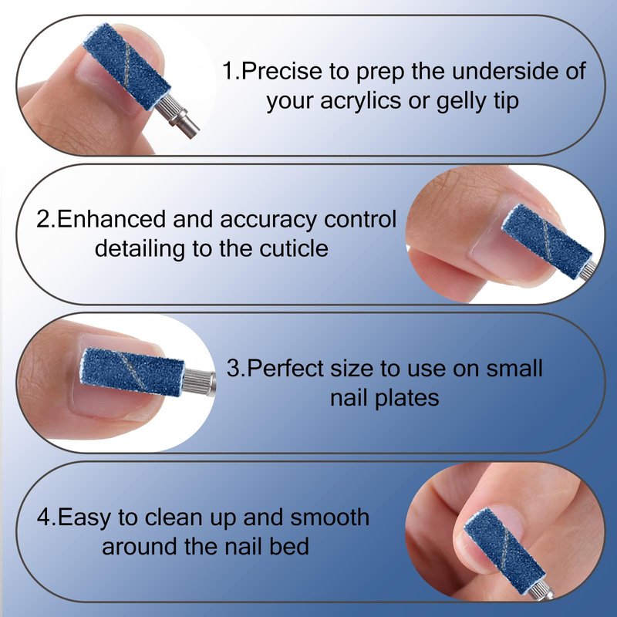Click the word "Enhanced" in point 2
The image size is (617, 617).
111,219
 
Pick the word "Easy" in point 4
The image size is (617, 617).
84,518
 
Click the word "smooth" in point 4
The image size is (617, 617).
330,517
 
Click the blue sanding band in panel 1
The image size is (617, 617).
126,67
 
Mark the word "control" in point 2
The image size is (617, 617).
359,219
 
